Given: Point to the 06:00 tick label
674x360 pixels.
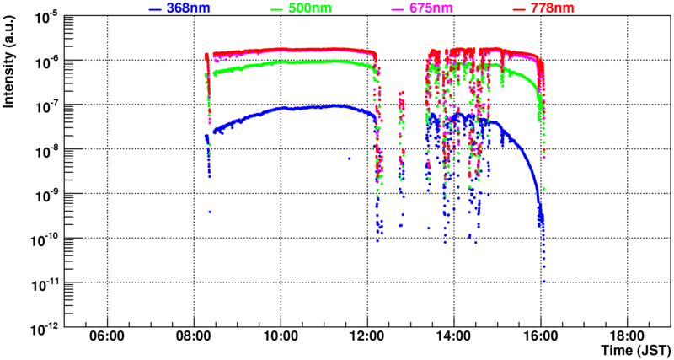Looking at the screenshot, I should pyautogui.click(x=107, y=336).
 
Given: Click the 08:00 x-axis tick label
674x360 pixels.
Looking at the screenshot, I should pyautogui.click(x=194, y=336).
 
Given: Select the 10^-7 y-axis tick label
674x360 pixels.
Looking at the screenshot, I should pyautogui.click(x=44, y=105).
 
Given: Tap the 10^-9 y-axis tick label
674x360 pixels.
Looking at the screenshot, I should pyautogui.click(x=44, y=193).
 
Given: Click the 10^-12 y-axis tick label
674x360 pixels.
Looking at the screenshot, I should pyautogui.click(x=44, y=325).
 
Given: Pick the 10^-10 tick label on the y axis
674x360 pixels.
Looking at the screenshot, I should pyautogui.click(x=44, y=237).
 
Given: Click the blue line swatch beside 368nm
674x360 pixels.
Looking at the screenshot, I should pyautogui.click(x=155, y=9).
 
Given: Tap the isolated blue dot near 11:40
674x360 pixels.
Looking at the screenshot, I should pyautogui.click(x=348, y=158).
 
